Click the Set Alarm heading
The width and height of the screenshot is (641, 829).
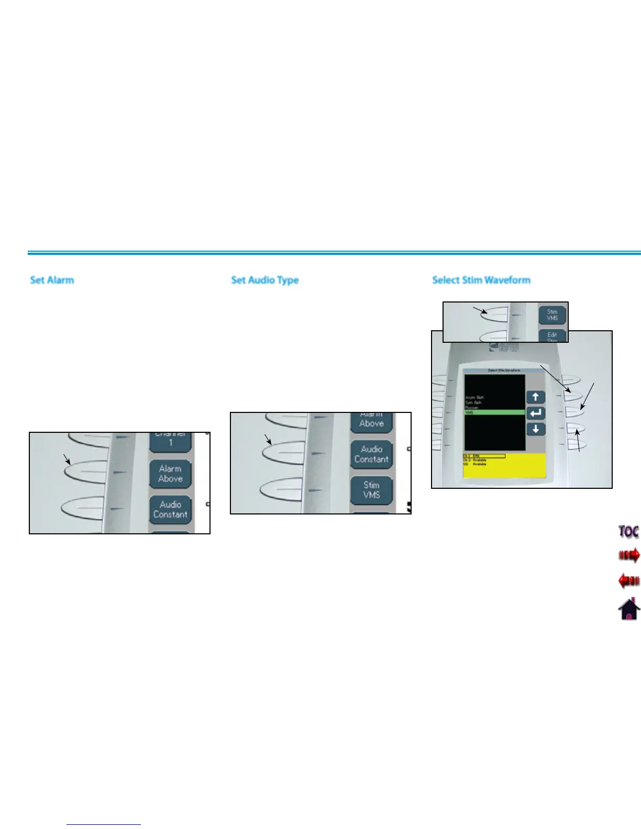52,280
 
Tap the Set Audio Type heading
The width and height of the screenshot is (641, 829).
264,280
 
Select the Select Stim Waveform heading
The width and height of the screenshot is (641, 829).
481,280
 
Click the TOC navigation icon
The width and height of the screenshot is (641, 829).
628,531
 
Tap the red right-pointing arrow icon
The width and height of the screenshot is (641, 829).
628,555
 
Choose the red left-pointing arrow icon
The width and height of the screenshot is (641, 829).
628,580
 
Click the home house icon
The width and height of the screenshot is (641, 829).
628,609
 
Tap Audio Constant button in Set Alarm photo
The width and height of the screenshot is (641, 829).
170,509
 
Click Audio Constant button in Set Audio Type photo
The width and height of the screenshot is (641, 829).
371,454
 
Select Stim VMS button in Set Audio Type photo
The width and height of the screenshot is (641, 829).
371,489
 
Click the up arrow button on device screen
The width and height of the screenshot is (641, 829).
535,397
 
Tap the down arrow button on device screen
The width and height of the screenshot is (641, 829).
535,429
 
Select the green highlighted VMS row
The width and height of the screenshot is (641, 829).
494,412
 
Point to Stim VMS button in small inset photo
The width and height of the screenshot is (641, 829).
552,315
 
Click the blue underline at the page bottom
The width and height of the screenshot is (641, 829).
104,824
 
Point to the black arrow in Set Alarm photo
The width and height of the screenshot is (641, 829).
67,459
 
